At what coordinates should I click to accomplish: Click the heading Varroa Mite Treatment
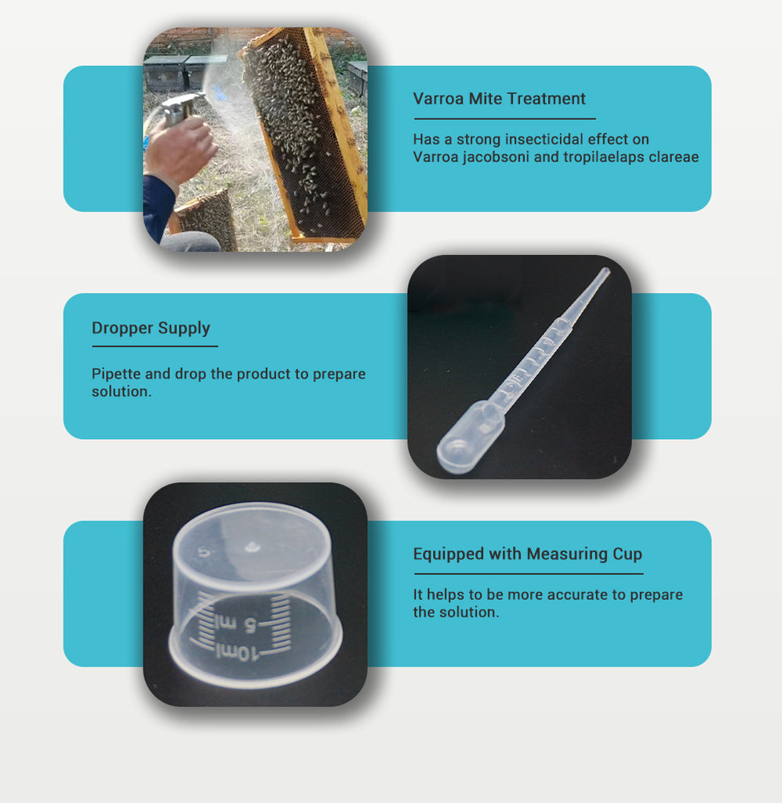pyautogui.click(x=499, y=98)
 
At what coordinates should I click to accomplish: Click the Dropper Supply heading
pyautogui.click(x=151, y=329)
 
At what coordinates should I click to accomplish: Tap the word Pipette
pyautogui.click(x=116, y=374)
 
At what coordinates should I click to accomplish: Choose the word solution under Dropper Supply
pyautogui.click(x=122, y=391)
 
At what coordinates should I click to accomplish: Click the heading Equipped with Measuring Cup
pyautogui.click(x=528, y=554)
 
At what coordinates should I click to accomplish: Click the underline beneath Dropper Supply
pyautogui.click(x=155, y=346)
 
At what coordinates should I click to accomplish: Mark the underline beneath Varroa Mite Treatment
pyautogui.click(x=505, y=119)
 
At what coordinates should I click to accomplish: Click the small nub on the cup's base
pyautogui.click(x=252, y=547)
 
